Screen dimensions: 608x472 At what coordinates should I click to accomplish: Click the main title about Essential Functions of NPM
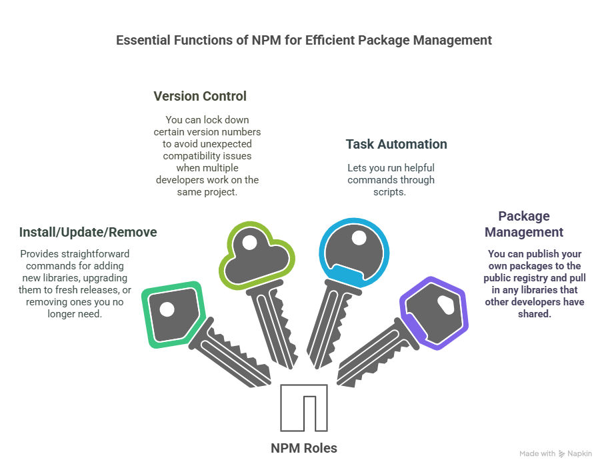tap(304, 41)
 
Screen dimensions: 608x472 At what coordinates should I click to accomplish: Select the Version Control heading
tap(200, 96)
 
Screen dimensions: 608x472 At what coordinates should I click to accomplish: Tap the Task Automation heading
tap(396, 144)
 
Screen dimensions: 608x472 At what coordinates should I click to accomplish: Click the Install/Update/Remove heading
tap(88, 232)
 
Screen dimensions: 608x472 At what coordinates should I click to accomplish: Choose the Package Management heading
tap(524, 224)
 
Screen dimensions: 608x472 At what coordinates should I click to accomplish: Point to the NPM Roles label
tap(304, 449)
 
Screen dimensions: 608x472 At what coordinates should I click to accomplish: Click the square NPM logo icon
tap(304, 408)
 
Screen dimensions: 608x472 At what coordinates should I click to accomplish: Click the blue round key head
tap(354, 253)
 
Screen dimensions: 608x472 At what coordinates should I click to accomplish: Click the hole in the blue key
tap(359, 238)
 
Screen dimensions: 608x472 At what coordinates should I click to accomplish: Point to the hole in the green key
tap(167, 309)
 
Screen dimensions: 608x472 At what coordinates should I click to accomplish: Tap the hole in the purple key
tap(446, 305)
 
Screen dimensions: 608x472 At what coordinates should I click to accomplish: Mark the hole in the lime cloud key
tap(250, 243)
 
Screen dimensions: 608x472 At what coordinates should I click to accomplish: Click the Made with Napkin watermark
tap(555, 454)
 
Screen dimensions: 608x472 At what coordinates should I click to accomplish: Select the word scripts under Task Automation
tap(389, 192)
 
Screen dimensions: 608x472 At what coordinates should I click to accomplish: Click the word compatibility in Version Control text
tap(207, 156)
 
